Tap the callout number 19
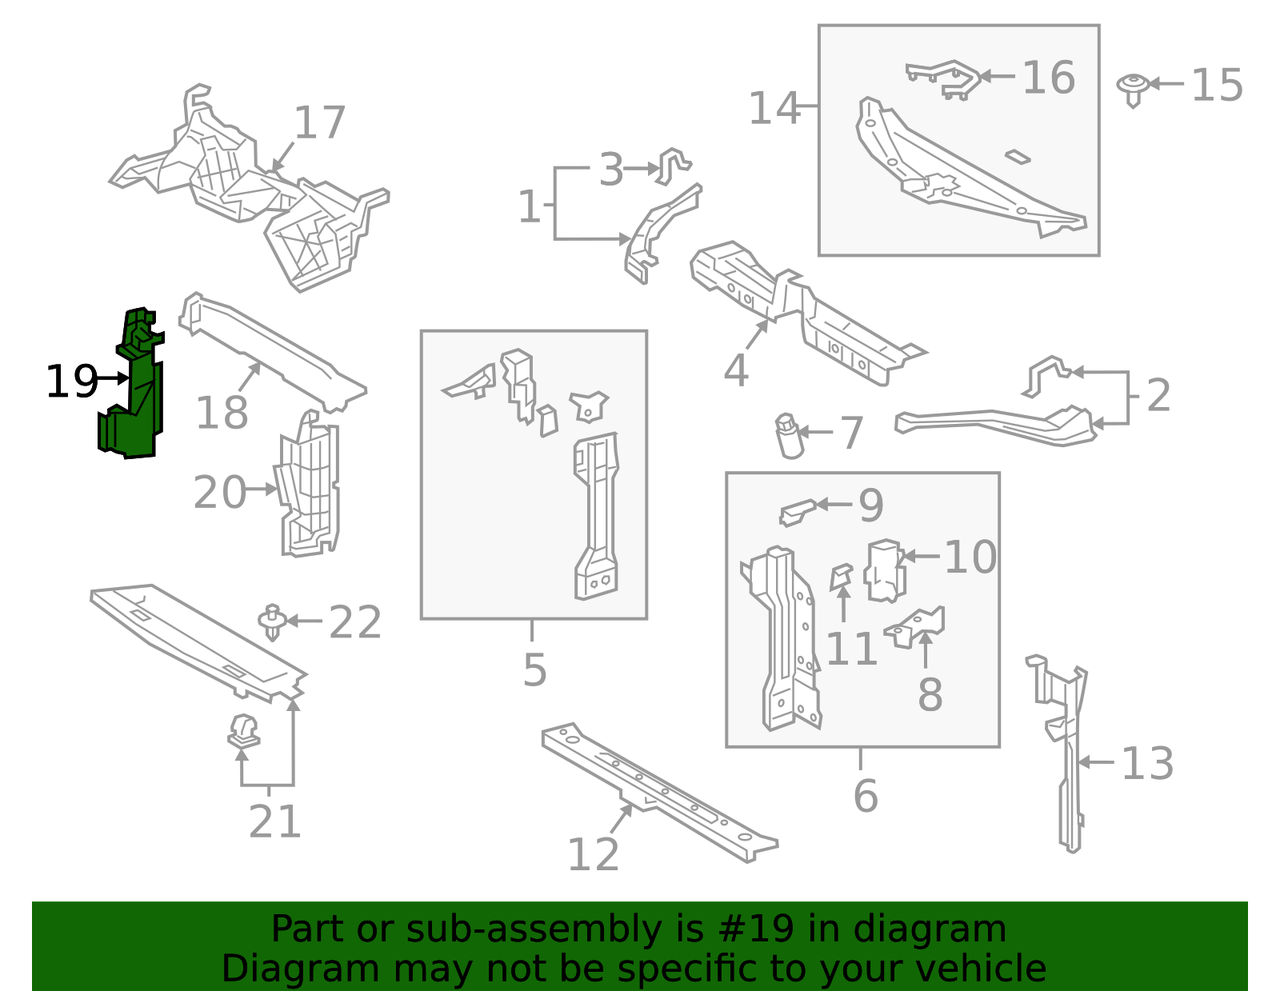[71, 382]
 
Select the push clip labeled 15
[1133, 88]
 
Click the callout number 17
[319, 123]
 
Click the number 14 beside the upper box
[774, 108]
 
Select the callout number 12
[593, 855]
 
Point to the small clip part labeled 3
[672, 164]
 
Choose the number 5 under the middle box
[534, 670]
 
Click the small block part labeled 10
[885, 570]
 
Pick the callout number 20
[219, 493]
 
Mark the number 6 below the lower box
[866, 796]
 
